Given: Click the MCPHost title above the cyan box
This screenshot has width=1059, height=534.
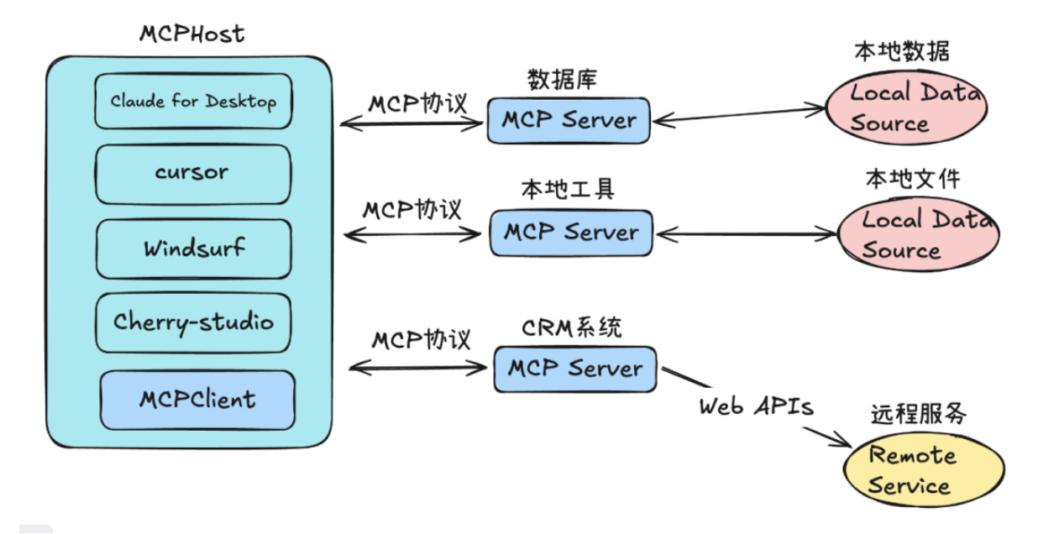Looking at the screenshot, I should [191, 34].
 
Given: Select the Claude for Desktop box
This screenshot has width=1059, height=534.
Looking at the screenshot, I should [193, 102].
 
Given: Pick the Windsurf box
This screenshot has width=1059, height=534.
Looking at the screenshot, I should [193, 249].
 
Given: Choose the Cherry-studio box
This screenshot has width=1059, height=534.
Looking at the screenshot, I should [193, 322].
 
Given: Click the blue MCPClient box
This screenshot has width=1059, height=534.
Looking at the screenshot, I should [197, 399].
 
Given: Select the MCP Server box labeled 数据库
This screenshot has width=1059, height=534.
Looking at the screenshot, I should [569, 120].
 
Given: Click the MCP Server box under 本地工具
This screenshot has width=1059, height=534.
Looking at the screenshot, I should [570, 233].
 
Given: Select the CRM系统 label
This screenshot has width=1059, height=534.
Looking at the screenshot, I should [572, 327].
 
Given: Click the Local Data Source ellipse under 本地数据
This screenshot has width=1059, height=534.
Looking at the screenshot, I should [903, 109].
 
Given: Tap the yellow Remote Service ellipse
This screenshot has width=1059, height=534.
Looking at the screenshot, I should [924, 470].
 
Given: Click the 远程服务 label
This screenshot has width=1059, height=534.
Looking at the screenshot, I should [918, 414].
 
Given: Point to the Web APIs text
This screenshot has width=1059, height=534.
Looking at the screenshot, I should [756, 406].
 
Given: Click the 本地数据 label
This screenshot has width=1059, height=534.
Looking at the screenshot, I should [902, 52].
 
